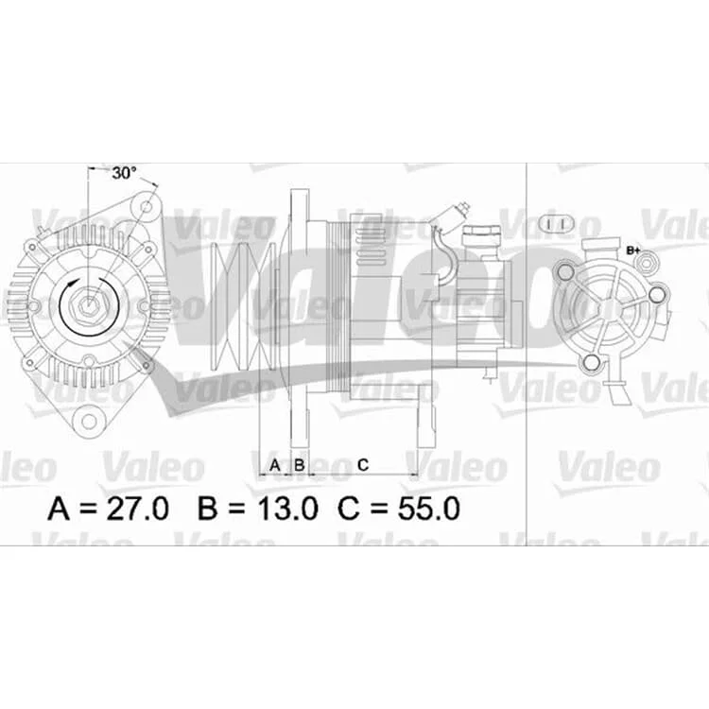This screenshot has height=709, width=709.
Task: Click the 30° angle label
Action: point(124,173)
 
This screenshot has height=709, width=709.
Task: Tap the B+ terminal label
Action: point(633,250)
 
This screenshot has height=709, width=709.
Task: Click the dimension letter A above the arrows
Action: point(275,465)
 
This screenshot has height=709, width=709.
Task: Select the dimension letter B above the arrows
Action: point(300,465)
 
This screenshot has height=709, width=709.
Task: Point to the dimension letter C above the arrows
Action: point(363,465)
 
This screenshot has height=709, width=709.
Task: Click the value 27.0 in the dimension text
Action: point(137,509)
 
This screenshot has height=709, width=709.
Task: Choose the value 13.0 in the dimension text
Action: point(287,509)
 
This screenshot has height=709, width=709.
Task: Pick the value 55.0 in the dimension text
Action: point(428,509)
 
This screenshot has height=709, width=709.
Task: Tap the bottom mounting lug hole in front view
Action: point(90,421)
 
